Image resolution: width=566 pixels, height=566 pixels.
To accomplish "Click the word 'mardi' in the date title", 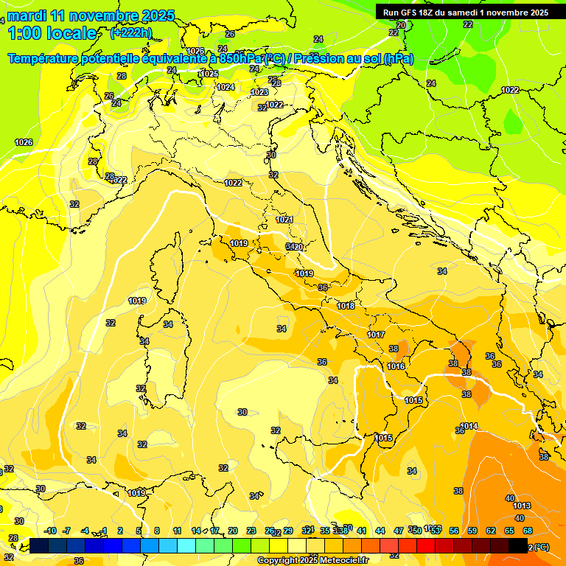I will click(25, 15).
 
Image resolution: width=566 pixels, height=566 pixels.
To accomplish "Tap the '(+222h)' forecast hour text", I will click(131, 32).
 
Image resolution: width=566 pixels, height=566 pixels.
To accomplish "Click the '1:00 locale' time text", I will click(52, 33).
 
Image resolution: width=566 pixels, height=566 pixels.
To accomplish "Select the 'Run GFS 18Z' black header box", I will click(465, 13).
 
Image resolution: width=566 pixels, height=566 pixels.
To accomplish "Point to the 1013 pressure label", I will click(522, 506).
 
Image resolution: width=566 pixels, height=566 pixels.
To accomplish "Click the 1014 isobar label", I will click(469, 426).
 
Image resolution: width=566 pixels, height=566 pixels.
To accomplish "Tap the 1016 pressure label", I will click(396, 366).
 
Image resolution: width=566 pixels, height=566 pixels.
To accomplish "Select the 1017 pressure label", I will click(376, 335).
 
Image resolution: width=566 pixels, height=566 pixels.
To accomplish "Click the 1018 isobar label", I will click(346, 306).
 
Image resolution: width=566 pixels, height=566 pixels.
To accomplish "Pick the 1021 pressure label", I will click(284, 220).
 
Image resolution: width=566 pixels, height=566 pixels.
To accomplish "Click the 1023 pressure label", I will click(259, 92).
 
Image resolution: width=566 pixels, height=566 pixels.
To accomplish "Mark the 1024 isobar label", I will click(226, 87).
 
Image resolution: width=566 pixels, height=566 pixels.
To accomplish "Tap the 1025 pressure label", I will click(210, 74).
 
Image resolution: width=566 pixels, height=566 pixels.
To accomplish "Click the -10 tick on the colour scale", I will click(49, 531).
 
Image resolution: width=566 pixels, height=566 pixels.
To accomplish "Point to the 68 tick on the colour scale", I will click(528, 531).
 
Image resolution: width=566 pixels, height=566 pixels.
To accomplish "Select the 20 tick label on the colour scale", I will click(233, 531).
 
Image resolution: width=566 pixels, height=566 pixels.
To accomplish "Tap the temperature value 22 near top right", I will click(468, 24).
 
